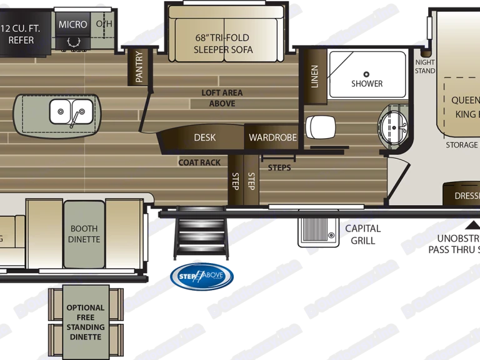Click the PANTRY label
(x=139, y=67)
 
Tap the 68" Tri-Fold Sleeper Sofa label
(x=223, y=43)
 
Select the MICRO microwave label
(x=73, y=24)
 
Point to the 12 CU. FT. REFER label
(x=21, y=34)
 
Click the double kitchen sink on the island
(x=69, y=112)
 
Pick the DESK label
(x=204, y=137)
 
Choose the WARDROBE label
(x=272, y=137)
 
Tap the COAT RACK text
(x=199, y=162)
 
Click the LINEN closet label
(x=314, y=76)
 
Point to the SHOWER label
(x=367, y=84)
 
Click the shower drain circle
(x=367, y=74)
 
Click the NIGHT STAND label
(x=425, y=67)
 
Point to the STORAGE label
(x=462, y=145)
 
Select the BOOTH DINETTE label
(x=84, y=234)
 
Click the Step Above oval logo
(x=202, y=277)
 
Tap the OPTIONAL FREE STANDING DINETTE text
(x=86, y=322)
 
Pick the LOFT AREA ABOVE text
(x=222, y=97)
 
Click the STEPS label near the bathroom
(x=279, y=167)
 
